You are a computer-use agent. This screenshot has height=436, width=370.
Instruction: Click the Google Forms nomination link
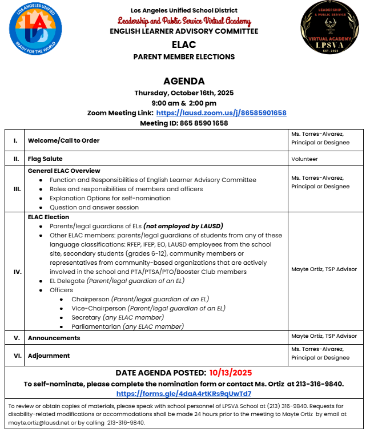pos(184,394)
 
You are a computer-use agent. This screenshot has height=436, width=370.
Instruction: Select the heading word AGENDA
pos(184,81)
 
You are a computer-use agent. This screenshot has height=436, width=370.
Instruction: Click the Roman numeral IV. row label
pos(17,272)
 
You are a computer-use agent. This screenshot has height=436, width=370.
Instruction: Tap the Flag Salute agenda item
pos(45,159)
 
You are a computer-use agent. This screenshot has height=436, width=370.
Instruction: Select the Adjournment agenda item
pos(49,356)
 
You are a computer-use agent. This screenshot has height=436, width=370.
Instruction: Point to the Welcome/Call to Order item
pos(63,140)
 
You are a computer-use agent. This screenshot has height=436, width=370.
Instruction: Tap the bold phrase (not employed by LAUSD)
pos(183,226)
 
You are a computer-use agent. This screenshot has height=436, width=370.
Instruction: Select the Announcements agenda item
pos(54,338)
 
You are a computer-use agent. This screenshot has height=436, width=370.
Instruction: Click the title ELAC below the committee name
pos(184,45)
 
